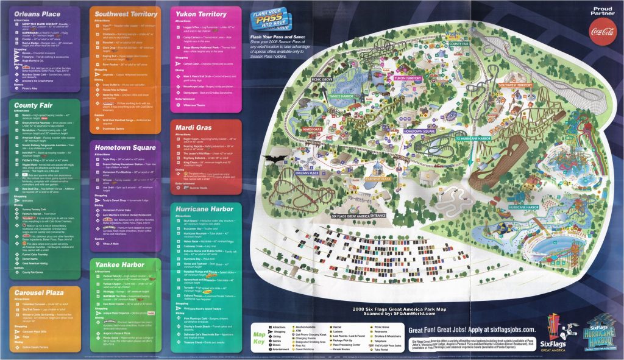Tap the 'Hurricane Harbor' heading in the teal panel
204,209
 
